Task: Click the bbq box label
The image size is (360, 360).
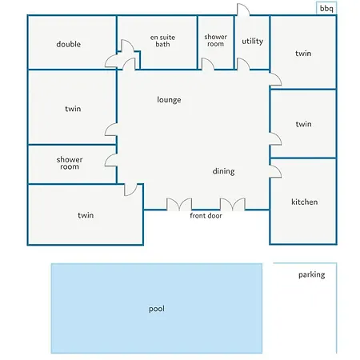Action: (x=326, y=9)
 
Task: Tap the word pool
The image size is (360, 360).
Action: (x=157, y=309)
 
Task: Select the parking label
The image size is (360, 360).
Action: (x=311, y=274)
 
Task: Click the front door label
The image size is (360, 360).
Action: (x=206, y=215)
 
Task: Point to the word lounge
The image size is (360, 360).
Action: (x=169, y=100)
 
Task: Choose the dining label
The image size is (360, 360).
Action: (x=223, y=171)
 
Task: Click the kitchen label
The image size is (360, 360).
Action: (x=305, y=202)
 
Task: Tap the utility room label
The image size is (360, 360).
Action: (x=253, y=41)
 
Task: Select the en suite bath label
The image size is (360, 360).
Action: (x=162, y=41)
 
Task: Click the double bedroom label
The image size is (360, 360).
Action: (x=69, y=44)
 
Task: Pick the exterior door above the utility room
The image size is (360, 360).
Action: (x=243, y=10)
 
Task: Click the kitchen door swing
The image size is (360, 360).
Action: (x=275, y=171)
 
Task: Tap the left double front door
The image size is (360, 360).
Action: (x=179, y=204)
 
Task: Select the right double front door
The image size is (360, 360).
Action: (x=233, y=204)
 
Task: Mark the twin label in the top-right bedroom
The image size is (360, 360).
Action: (x=303, y=54)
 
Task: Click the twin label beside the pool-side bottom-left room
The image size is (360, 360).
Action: (x=86, y=215)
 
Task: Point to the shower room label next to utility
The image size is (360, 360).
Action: (x=216, y=40)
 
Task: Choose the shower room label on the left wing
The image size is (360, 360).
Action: (x=70, y=163)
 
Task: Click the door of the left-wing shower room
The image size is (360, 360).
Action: (x=111, y=160)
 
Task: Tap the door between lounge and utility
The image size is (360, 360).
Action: (x=243, y=64)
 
